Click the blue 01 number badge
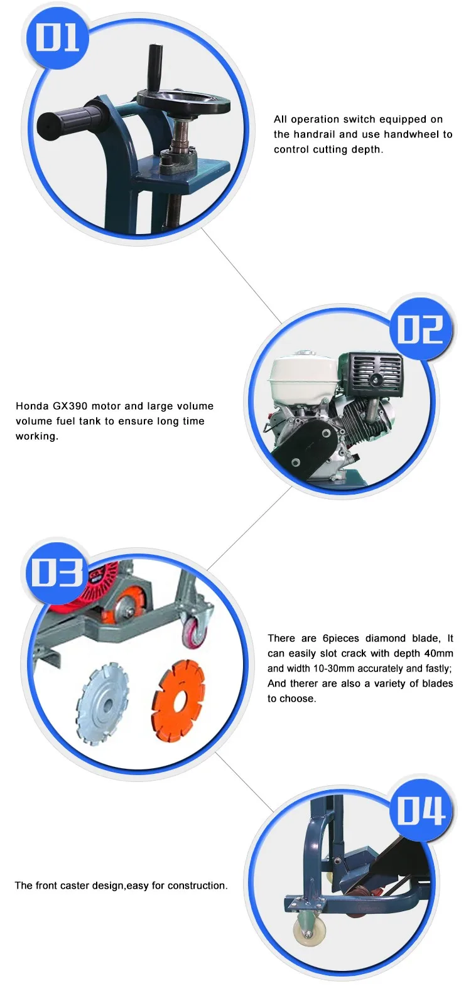click(x=57, y=38)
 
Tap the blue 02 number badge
click(x=420, y=329)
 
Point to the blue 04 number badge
click(x=420, y=810)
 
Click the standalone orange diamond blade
click(x=178, y=697)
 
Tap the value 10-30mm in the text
click(x=333, y=668)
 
